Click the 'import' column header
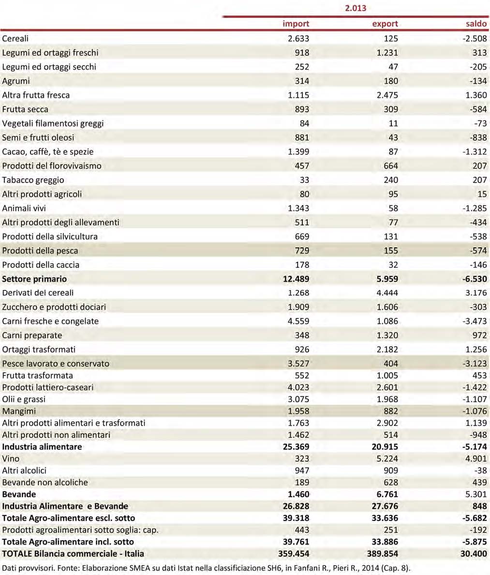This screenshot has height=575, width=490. click(296, 24)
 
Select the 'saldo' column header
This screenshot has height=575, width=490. click(476, 24)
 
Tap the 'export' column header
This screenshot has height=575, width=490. click(385, 24)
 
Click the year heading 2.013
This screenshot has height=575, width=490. click(356, 8)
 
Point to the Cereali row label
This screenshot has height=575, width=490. click(15, 39)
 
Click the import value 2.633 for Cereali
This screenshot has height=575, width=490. click(298, 39)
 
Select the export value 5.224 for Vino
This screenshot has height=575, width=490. click(387, 459)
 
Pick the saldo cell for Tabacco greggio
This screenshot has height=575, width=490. click(479, 180)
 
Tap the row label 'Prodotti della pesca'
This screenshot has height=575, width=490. click(40, 251)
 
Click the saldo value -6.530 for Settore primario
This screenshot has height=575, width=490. click(475, 279)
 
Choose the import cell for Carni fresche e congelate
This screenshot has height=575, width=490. click(298, 321)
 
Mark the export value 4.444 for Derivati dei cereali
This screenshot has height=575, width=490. click(387, 293)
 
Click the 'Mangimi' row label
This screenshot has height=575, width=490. click(19, 411)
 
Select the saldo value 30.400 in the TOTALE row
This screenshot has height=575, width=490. click(474, 554)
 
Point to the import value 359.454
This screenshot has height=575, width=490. click(294, 554)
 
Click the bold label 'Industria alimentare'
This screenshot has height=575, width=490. click(42, 447)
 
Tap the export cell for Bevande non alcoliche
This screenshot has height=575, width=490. click(391, 483)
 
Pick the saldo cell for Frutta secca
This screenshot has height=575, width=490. click(478, 109)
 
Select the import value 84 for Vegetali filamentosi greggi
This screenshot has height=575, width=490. click(304, 123)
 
